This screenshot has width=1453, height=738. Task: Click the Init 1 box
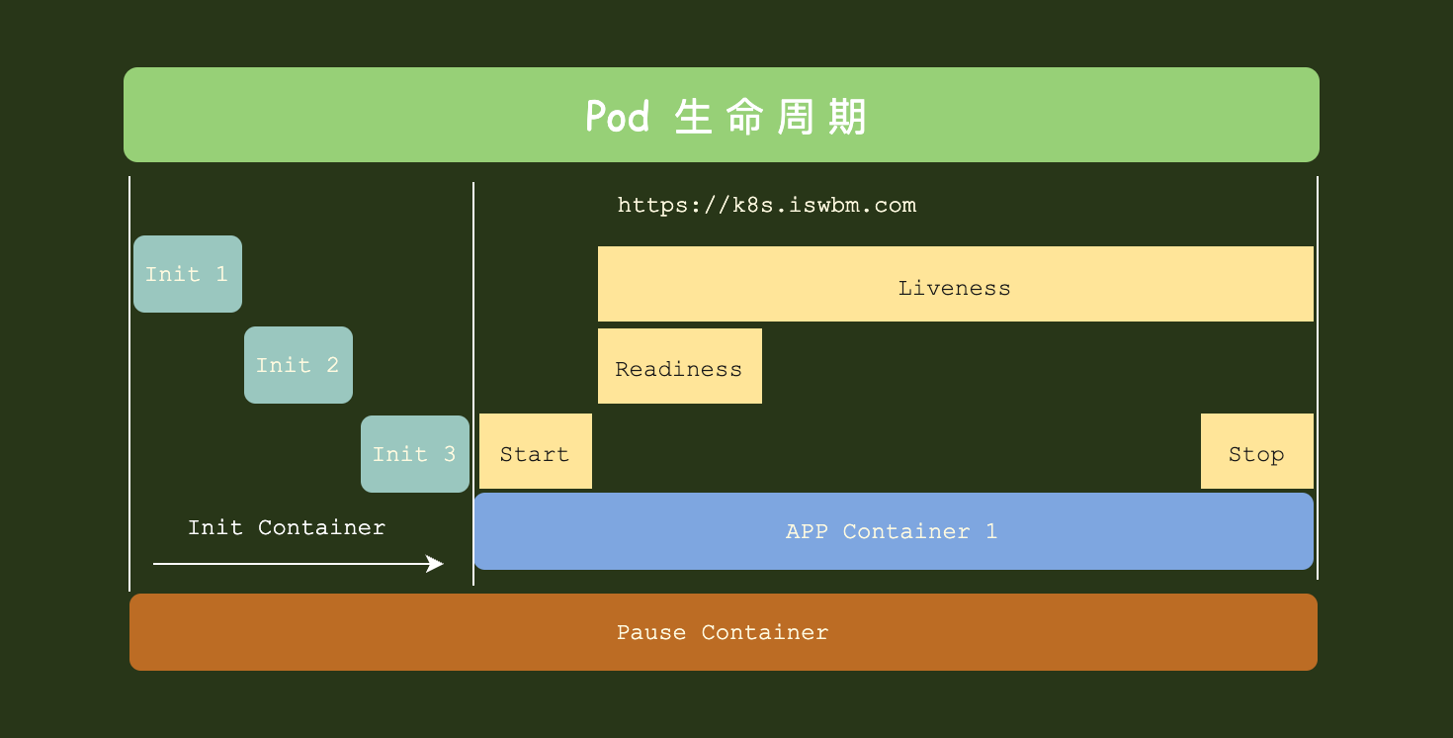(188, 274)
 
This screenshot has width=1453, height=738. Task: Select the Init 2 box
(299, 365)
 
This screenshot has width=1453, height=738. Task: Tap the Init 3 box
(415, 454)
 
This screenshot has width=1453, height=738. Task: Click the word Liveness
(955, 288)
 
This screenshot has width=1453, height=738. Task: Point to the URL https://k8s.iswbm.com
(767, 206)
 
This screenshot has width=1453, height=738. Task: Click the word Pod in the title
(618, 117)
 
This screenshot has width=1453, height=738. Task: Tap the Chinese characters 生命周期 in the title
(771, 117)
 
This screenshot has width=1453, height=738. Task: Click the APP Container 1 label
(892, 531)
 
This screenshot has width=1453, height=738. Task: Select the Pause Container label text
(723, 632)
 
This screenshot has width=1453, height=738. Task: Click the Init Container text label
(287, 527)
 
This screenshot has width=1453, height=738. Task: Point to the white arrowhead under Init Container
(435, 564)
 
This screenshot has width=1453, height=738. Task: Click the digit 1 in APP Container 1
(991, 531)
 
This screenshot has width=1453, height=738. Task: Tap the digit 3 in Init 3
(450, 454)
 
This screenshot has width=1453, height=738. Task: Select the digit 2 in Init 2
(333, 365)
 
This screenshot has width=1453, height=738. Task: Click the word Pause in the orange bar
(651, 632)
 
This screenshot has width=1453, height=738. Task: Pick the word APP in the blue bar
(807, 531)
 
